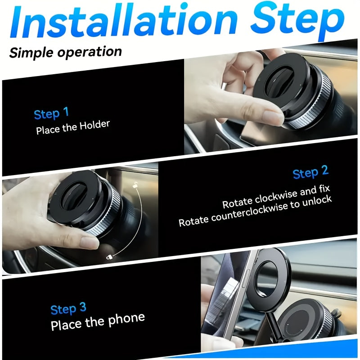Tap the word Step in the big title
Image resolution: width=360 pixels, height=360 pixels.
pyautogui.click(x=297, y=20)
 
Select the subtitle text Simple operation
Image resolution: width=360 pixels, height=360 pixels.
pyautogui.click(x=66, y=51)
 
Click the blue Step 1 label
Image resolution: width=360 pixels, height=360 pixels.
pyautogui.click(x=51, y=113)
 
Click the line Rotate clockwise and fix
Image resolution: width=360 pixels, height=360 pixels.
pyautogui.click(x=277, y=196)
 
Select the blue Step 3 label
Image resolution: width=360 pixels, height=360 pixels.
pyautogui.click(x=68, y=309)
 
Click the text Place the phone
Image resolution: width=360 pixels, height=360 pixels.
pyautogui.click(x=98, y=321)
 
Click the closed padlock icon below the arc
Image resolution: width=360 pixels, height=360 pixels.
pyautogui.click(x=109, y=257)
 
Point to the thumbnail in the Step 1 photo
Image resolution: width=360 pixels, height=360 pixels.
pyautogui.click(x=273, y=118)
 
